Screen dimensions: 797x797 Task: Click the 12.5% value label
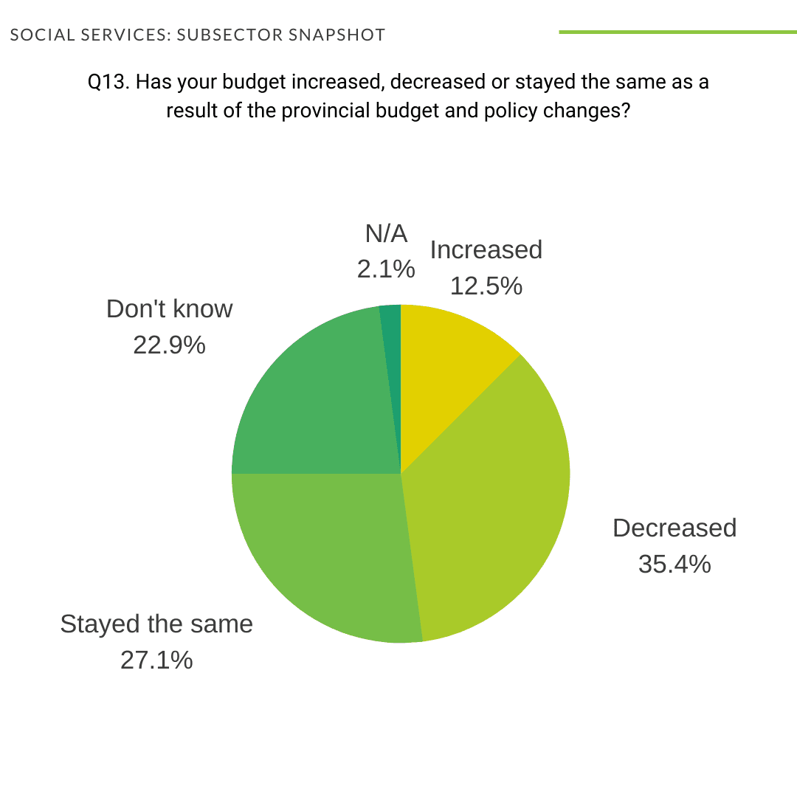pyautogui.click(x=486, y=286)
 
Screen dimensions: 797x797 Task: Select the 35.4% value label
pyautogui.click(x=674, y=565)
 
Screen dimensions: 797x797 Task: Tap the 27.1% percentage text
pyautogui.click(x=156, y=660)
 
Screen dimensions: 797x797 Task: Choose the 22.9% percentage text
pyautogui.click(x=169, y=345)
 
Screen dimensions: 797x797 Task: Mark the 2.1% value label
pyautogui.click(x=386, y=269)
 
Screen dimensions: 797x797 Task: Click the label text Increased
pyautogui.click(x=486, y=250)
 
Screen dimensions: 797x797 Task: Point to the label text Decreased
pyautogui.click(x=674, y=528)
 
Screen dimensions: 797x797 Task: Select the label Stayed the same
pyautogui.click(x=156, y=624)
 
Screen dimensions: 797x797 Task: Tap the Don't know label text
pyautogui.click(x=169, y=308)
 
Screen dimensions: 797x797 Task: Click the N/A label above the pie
pyautogui.click(x=386, y=234)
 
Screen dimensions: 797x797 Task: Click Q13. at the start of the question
pyautogui.click(x=108, y=82)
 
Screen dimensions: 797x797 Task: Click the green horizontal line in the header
pyautogui.click(x=677, y=32)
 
